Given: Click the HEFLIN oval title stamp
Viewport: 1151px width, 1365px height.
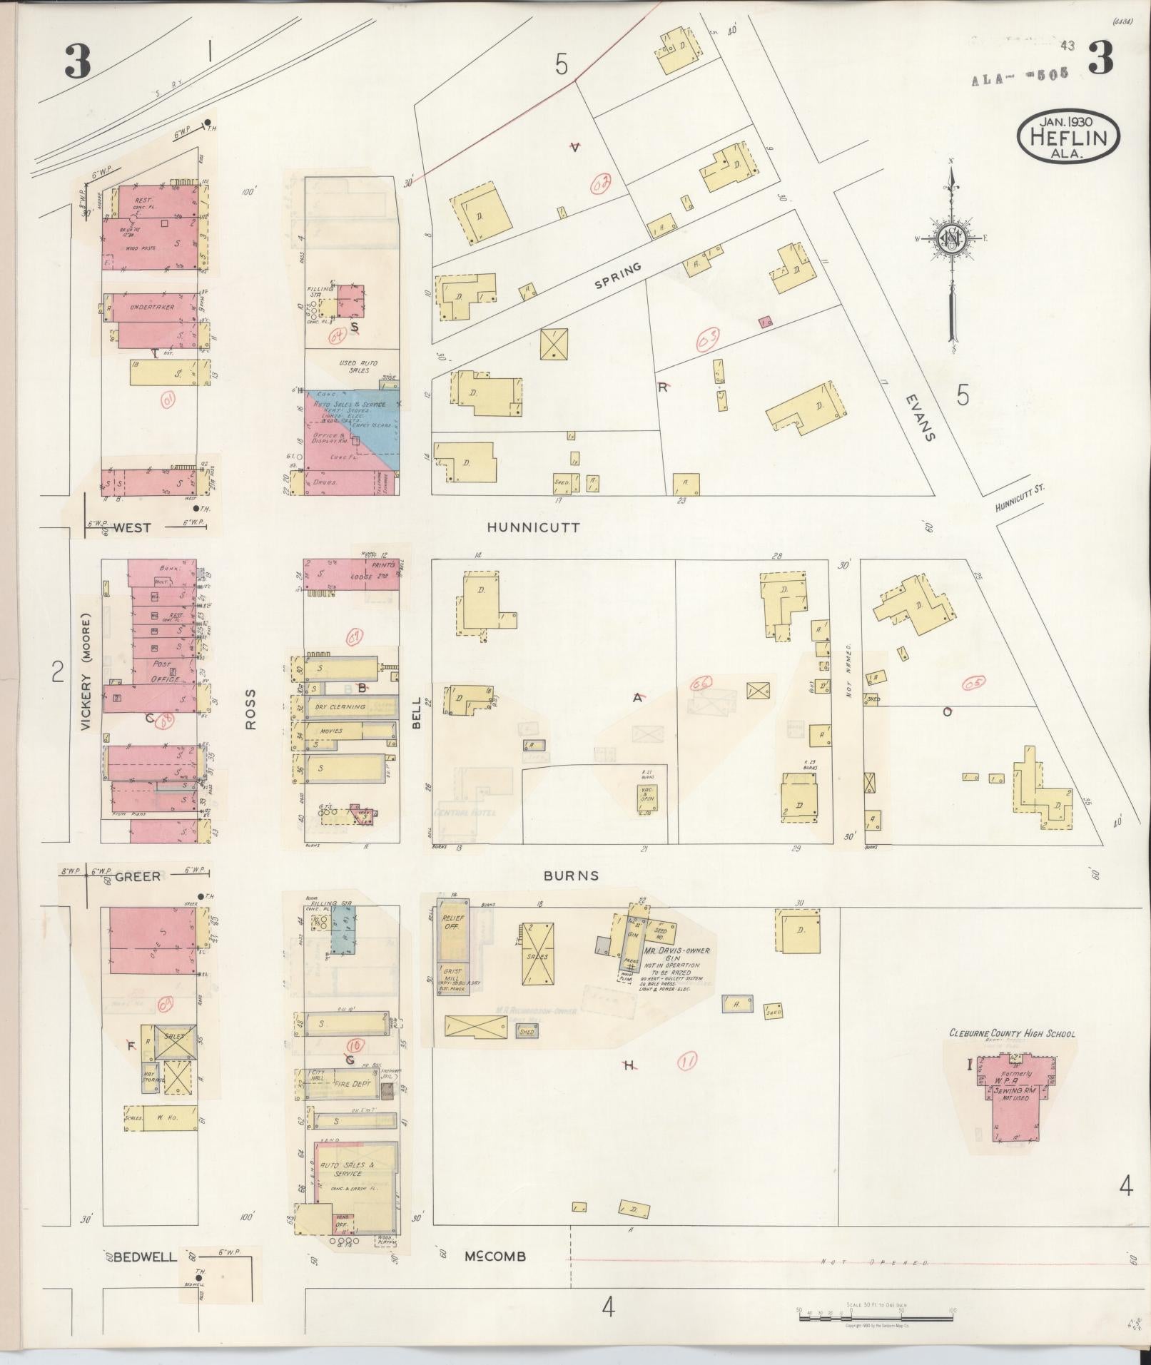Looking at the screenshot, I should pyautogui.click(x=1068, y=138).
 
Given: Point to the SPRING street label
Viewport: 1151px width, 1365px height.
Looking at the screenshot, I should pyautogui.click(x=618, y=275).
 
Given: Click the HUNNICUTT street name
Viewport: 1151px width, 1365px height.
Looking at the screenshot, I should pyautogui.click(x=533, y=528).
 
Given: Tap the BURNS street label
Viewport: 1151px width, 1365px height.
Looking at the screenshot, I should pyautogui.click(x=571, y=876).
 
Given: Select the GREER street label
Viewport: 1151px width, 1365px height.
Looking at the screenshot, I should pyautogui.click(x=137, y=876).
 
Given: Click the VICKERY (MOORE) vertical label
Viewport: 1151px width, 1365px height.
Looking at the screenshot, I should pyautogui.click(x=86, y=672).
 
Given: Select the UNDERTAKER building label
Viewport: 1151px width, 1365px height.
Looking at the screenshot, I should pyautogui.click(x=153, y=308).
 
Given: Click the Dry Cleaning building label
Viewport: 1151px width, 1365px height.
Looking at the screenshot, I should pyautogui.click(x=340, y=706).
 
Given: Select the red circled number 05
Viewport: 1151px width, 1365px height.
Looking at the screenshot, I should pyautogui.click(x=973, y=684).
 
